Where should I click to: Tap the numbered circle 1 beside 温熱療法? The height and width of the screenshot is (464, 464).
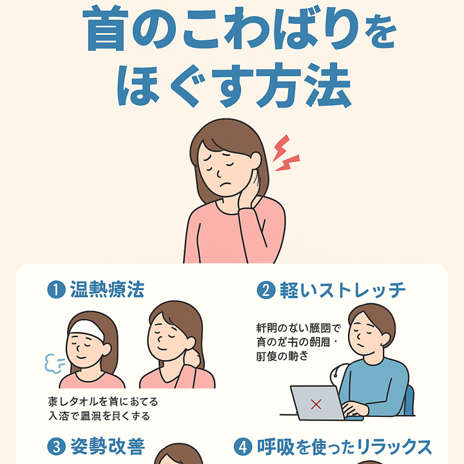tap(56, 289)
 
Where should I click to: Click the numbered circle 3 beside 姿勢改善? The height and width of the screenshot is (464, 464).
tap(56, 445)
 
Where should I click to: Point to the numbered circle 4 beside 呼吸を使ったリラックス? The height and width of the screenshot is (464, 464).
tap(243, 445)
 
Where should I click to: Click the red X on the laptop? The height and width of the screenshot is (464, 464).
tap(316, 404)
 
